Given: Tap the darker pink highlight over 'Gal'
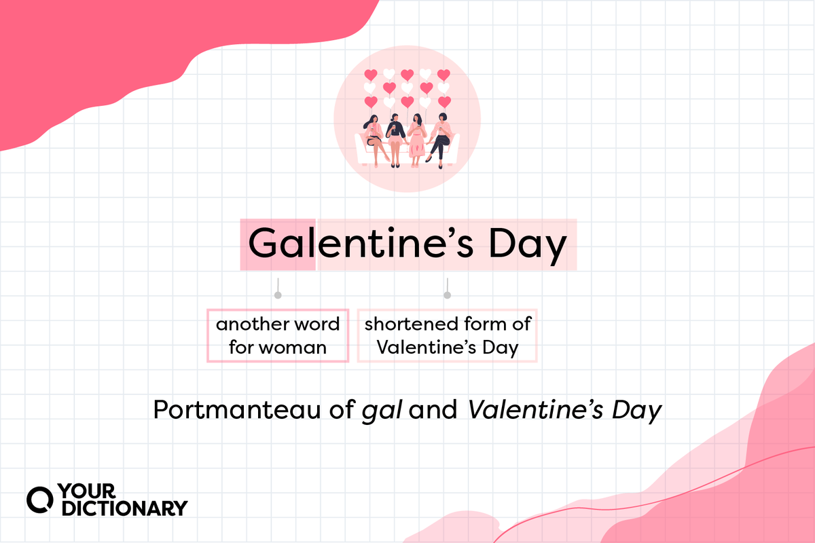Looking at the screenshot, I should pos(277,245).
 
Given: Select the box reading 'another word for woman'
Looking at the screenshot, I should pos(277,335).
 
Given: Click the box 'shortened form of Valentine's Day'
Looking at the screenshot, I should pos(448,335).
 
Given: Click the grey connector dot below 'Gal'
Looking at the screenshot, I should pos(277,295).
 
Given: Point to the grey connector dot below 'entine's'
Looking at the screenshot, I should pos(447,295).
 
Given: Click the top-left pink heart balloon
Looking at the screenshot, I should pos(371,75).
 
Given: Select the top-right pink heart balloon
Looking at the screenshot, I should pos(443,75).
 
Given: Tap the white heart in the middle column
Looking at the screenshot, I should pos(407,88).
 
